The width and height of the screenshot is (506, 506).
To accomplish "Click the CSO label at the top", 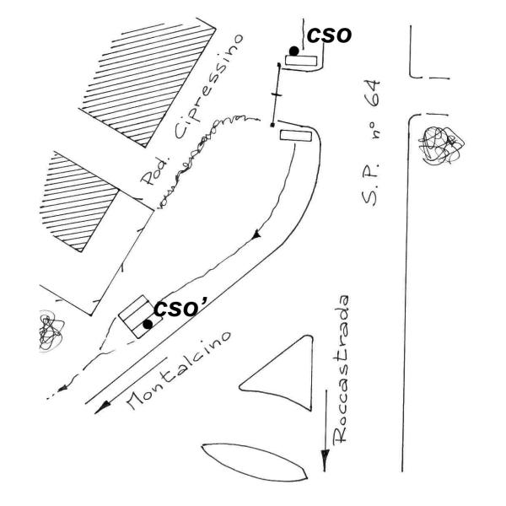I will (327, 35).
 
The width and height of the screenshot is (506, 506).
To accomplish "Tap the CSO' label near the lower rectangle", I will (180, 310).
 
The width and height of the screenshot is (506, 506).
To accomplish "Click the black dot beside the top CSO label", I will (293, 51).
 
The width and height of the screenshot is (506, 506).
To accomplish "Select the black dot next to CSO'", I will (148, 323).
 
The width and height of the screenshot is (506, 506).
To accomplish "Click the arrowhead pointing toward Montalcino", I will (103, 407).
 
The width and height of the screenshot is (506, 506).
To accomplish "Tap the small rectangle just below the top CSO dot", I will (302, 61).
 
